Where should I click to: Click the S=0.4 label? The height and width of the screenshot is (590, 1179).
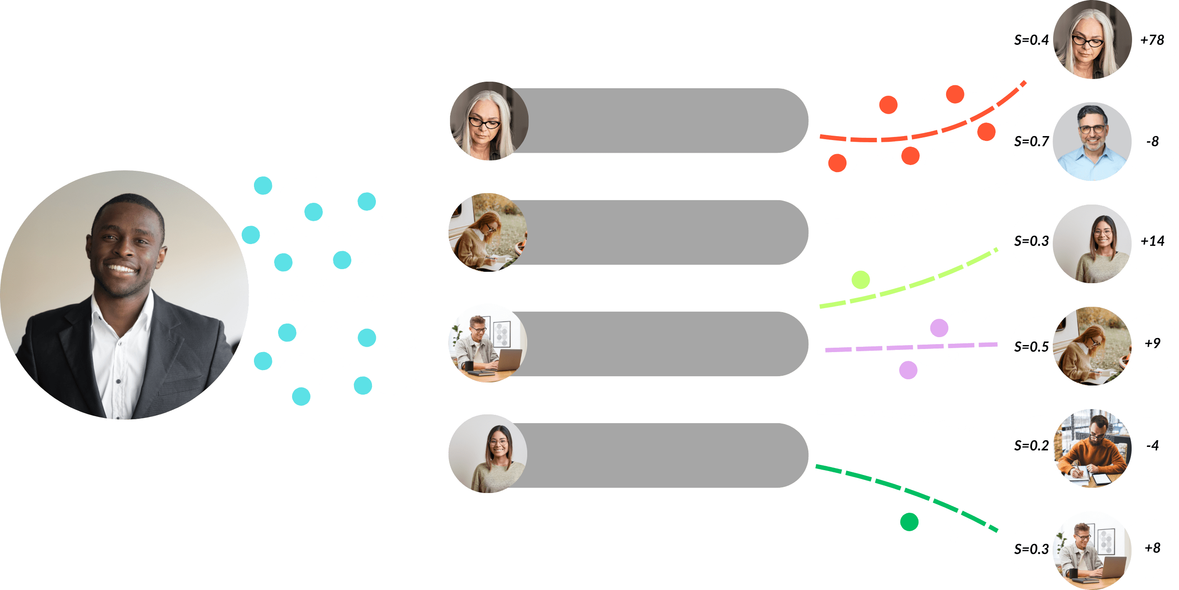1031,40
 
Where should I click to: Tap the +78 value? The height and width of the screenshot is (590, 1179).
1151,40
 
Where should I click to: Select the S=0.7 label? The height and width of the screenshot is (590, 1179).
1031,141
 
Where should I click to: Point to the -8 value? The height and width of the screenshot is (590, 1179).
1152,141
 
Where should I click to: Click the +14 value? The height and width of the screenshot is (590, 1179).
1151,241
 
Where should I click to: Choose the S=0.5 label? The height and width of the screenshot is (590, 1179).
1031,347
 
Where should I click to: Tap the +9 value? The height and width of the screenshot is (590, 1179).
1152,343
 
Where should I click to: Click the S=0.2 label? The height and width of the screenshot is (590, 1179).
1031,446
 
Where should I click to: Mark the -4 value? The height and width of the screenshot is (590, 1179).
1152,445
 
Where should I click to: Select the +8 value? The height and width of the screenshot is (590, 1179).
1152,548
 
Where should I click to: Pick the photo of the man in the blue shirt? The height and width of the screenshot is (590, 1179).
1092,141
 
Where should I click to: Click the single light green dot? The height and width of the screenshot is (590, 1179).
861,280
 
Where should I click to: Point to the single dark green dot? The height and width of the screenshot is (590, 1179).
909,522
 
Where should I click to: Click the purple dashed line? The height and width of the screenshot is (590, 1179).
911,347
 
